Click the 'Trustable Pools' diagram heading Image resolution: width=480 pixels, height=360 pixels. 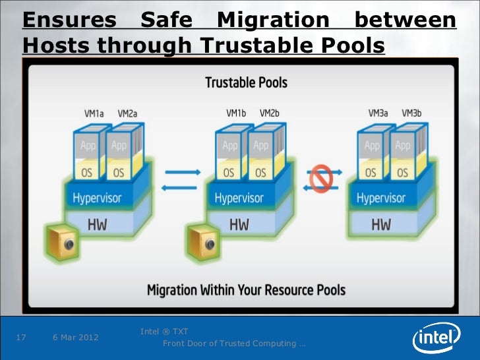[246, 84]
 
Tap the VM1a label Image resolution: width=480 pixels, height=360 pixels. [94, 113]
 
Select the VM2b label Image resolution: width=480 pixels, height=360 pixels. [270, 113]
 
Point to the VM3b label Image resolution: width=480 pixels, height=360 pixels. [411, 113]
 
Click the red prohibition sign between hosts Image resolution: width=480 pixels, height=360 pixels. [321, 178]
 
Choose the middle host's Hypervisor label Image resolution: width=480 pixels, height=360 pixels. [239, 198]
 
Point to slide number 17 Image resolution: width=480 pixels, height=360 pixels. [20, 338]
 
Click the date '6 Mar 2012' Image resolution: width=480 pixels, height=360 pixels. [75, 338]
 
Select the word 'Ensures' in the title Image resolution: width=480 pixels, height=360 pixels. [69, 21]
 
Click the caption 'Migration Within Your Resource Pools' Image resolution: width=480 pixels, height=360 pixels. [246, 290]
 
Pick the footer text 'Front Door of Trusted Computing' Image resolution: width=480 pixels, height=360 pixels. [233, 344]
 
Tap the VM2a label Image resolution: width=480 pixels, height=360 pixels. [127, 113]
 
